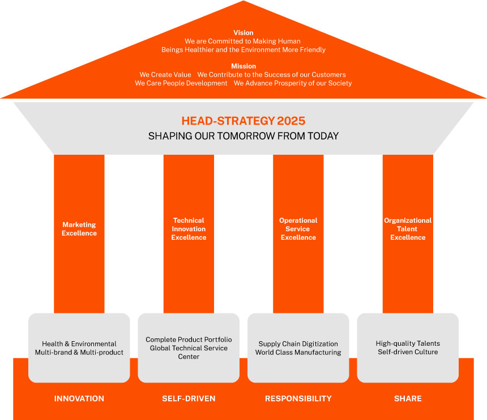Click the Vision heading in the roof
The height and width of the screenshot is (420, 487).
(x=244, y=33)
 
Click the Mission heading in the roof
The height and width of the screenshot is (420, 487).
(x=244, y=66)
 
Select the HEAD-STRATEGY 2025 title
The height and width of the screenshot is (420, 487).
(x=243, y=121)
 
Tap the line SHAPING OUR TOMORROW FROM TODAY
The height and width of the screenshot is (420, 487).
(x=244, y=136)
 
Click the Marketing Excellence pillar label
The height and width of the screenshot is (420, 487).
(x=79, y=229)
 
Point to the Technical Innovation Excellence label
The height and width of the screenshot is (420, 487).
(x=189, y=229)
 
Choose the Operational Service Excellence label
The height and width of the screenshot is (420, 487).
(x=298, y=229)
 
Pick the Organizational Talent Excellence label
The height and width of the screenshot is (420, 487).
(x=408, y=229)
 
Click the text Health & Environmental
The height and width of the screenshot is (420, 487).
(x=79, y=344)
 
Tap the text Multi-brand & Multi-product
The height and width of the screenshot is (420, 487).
(x=79, y=353)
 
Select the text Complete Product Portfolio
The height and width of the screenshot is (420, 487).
(x=189, y=340)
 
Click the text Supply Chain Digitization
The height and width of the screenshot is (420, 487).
(x=298, y=344)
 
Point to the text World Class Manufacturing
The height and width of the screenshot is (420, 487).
(x=298, y=353)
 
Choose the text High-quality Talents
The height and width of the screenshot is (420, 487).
(x=408, y=343)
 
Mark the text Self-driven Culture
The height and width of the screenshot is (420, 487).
(x=408, y=352)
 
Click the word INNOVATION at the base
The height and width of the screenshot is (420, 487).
(x=79, y=398)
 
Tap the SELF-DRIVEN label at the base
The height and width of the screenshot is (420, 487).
(x=189, y=398)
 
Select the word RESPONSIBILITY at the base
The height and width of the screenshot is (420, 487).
(x=298, y=398)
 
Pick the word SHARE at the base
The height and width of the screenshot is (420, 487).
(x=408, y=398)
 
